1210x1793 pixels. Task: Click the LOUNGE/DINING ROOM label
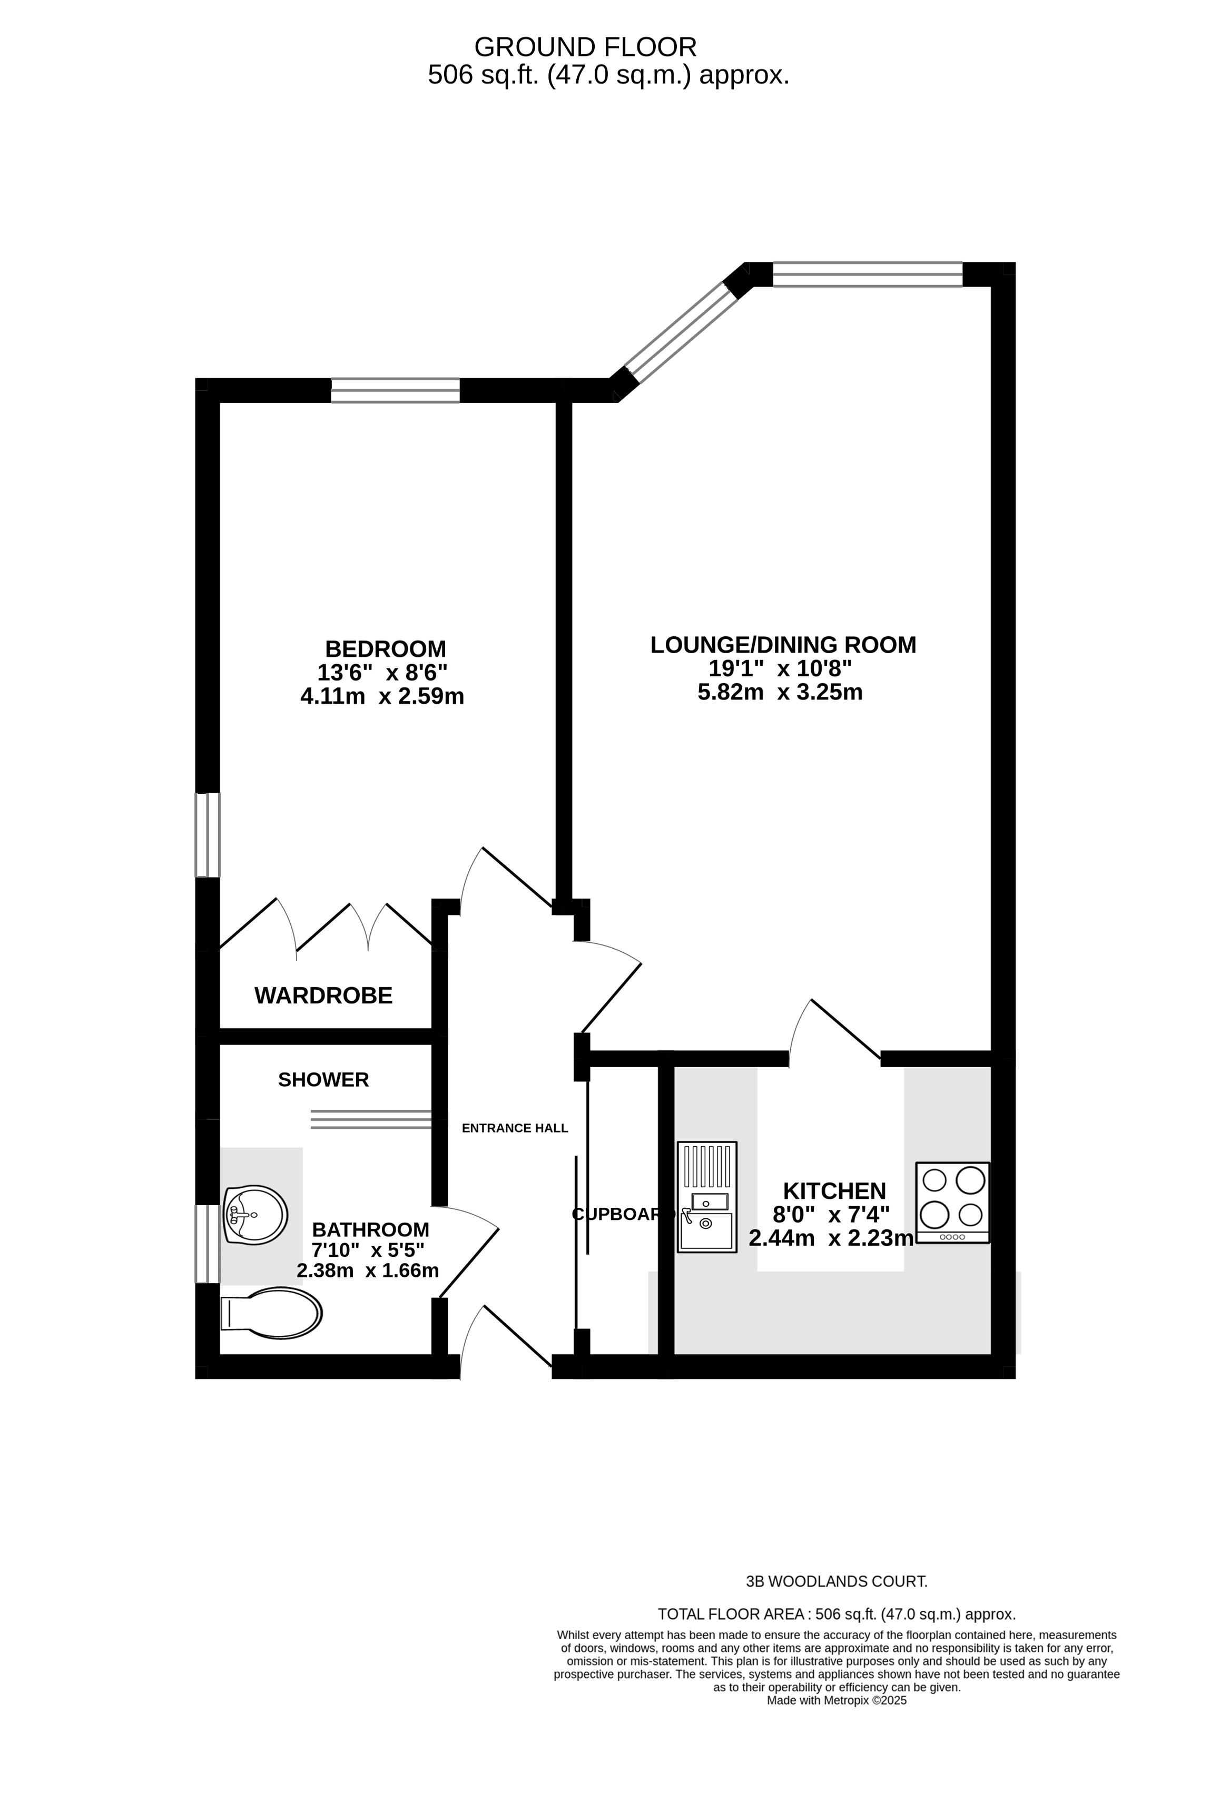[783, 644]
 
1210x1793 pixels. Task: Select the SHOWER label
[323, 1079]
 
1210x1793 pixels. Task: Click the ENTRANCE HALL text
[515, 1128]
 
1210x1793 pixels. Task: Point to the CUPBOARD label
[624, 1214]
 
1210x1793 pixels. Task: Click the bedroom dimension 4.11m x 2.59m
[382, 696]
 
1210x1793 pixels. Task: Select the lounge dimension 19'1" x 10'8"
[780, 668]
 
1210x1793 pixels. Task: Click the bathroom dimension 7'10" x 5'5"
[368, 1250]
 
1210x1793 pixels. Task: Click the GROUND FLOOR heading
[586, 47]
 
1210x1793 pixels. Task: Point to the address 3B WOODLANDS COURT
[837, 1582]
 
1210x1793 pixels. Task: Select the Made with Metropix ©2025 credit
[837, 1700]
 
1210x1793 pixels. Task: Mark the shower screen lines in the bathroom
[370, 1119]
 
